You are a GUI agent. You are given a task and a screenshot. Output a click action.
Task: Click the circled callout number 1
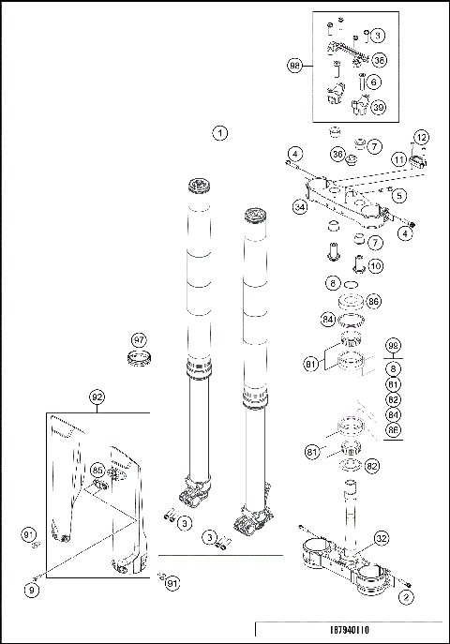(x=220, y=132)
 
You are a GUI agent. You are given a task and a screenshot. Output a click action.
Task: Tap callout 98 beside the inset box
(x=295, y=65)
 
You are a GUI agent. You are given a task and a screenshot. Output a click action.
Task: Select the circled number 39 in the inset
(x=379, y=107)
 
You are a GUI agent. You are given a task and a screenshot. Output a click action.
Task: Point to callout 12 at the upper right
(x=421, y=137)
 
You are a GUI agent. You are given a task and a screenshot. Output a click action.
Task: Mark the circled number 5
(x=398, y=196)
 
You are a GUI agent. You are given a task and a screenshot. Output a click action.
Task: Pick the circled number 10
(x=375, y=265)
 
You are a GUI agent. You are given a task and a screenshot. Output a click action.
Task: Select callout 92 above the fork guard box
(x=97, y=397)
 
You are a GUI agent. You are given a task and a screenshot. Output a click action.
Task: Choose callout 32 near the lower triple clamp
(x=381, y=538)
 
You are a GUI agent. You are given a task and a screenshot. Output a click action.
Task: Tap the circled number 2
(x=406, y=595)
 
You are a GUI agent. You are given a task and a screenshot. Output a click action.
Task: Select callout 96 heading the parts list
(x=393, y=344)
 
